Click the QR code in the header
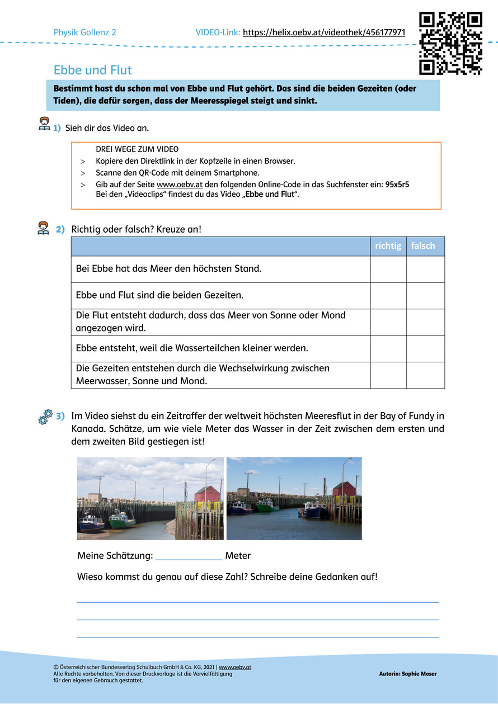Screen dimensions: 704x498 [x=450, y=43]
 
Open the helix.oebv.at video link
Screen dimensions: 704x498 [x=324, y=32]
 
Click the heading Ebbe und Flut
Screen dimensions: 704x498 [x=92, y=70]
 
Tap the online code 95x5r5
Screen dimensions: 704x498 [x=397, y=184]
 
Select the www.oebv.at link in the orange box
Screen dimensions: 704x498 [x=171, y=184]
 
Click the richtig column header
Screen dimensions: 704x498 [x=388, y=245]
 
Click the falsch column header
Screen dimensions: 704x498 [x=423, y=245]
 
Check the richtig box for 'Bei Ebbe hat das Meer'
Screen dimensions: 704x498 [x=388, y=269]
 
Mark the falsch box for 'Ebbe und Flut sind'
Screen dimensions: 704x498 [x=425, y=295]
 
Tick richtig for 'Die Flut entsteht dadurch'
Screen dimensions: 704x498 [x=388, y=322]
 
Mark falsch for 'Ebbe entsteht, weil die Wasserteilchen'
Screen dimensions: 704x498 [x=425, y=348]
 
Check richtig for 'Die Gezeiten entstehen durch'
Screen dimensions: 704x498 [x=388, y=375]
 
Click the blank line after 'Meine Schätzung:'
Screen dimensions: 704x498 [x=189, y=556]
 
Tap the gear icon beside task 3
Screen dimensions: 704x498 [x=45, y=417]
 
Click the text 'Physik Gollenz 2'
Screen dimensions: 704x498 [x=84, y=32]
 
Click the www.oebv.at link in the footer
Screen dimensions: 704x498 [x=234, y=667]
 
